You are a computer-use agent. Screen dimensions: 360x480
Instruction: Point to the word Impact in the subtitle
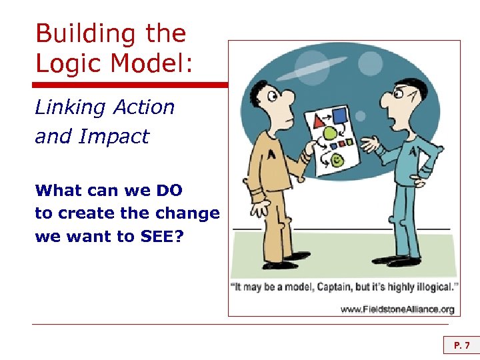[x=114, y=136]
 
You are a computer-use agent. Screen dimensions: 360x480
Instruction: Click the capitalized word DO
[x=169, y=190]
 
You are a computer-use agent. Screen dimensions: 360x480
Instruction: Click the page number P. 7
[x=461, y=345]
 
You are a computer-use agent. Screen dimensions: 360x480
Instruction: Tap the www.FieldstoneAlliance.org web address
[x=397, y=309]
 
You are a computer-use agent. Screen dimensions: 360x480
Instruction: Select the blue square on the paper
[x=340, y=116]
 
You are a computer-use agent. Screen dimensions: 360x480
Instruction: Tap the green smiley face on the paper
[x=337, y=160]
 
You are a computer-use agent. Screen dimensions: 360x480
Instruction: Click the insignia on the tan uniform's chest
[x=272, y=155]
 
